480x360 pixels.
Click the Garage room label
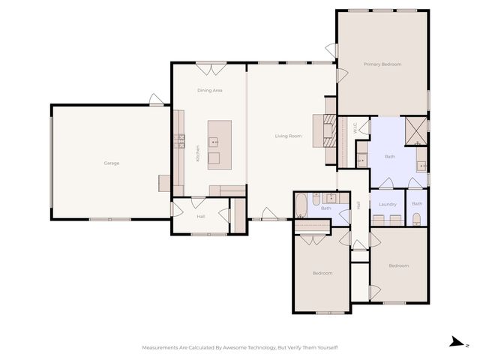pos(112,163)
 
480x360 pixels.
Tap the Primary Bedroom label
pos(382,64)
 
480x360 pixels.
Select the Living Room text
pos(288,136)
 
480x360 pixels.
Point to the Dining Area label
pos(210,90)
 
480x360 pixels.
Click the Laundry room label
pos(388,204)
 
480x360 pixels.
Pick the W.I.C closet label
pos(355,127)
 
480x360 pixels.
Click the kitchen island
pos(220,145)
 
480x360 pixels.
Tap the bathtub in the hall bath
pos(301,205)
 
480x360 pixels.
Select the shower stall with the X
pos(416,130)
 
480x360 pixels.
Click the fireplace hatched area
pos(330,130)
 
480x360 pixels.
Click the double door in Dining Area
pos(211,69)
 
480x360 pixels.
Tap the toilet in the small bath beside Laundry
pos(417,219)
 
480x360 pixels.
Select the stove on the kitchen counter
pos(179,141)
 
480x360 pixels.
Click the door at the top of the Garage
pos(157,100)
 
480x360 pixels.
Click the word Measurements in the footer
pos(160,347)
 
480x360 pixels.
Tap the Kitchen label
pos(198,153)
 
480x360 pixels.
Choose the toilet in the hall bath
pos(316,199)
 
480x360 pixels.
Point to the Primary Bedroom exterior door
pos(331,50)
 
